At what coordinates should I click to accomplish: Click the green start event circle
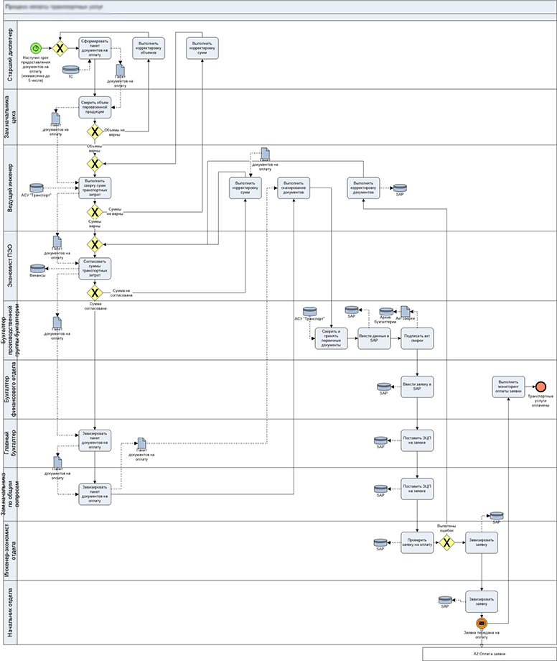click(x=35, y=48)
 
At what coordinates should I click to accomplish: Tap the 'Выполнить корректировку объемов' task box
click(x=149, y=47)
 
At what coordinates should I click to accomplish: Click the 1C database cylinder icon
click(x=70, y=70)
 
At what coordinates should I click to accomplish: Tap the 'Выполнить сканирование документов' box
click(x=294, y=188)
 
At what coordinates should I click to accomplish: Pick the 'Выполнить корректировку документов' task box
click(x=364, y=188)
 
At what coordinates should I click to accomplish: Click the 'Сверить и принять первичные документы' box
click(x=331, y=337)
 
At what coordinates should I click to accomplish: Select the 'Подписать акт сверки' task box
click(x=417, y=337)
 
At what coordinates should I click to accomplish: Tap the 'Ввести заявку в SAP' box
click(x=417, y=386)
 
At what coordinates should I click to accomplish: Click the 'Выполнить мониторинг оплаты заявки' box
click(x=508, y=386)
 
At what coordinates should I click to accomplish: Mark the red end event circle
click(x=540, y=386)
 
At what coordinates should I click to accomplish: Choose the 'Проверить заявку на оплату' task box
click(x=417, y=542)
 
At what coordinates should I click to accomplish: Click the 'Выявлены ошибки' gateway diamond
click(x=447, y=542)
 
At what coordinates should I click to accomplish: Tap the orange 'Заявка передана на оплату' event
click(x=481, y=622)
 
